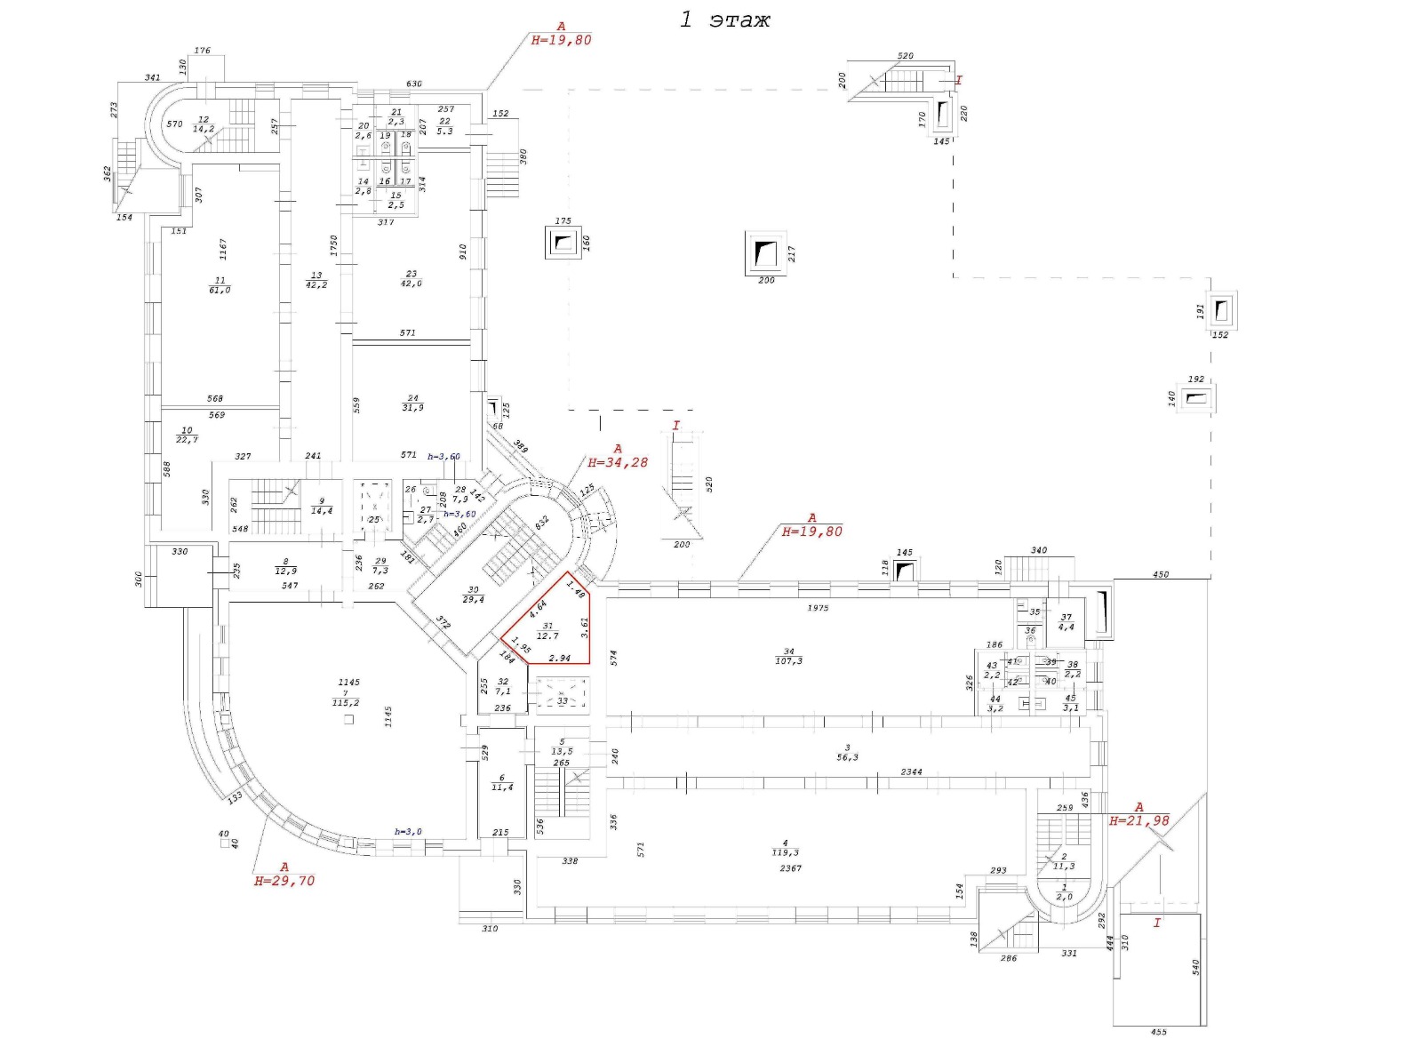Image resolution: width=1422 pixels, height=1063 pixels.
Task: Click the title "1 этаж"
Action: pyautogui.click(x=724, y=20)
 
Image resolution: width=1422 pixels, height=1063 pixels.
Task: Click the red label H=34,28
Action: pyautogui.click(x=618, y=462)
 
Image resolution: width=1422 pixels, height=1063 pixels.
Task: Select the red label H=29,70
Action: pyautogui.click(x=284, y=881)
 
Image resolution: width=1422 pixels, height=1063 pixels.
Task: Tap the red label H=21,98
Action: pyautogui.click(x=1138, y=821)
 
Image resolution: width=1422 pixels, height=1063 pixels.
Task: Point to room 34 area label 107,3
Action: pyautogui.click(x=788, y=661)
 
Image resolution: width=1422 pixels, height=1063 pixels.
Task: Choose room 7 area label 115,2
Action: pyautogui.click(x=345, y=702)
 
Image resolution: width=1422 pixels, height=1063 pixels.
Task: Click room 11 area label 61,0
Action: pyautogui.click(x=220, y=290)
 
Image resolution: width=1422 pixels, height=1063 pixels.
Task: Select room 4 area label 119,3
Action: pyautogui.click(x=785, y=852)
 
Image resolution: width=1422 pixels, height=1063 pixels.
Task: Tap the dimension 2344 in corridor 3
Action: pyautogui.click(x=911, y=772)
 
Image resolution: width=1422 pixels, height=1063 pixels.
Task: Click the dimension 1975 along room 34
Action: pyautogui.click(x=818, y=608)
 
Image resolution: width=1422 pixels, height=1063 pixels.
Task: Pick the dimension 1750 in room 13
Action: pyautogui.click(x=334, y=244)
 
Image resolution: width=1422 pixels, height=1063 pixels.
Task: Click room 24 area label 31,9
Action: pyautogui.click(x=412, y=408)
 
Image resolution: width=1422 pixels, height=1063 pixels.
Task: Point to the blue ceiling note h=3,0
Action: pyautogui.click(x=408, y=832)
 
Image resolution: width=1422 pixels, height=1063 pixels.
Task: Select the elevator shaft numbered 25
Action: pyautogui.click(x=373, y=508)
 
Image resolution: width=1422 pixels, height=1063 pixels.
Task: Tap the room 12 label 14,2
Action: pyautogui.click(x=204, y=129)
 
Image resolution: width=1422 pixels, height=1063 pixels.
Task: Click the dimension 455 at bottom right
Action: pyautogui.click(x=1158, y=1032)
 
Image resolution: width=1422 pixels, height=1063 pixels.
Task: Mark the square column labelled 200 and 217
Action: pyautogui.click(x=765, y=253)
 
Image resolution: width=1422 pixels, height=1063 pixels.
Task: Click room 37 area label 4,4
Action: pyautogui.click(x=1066, y=627)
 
